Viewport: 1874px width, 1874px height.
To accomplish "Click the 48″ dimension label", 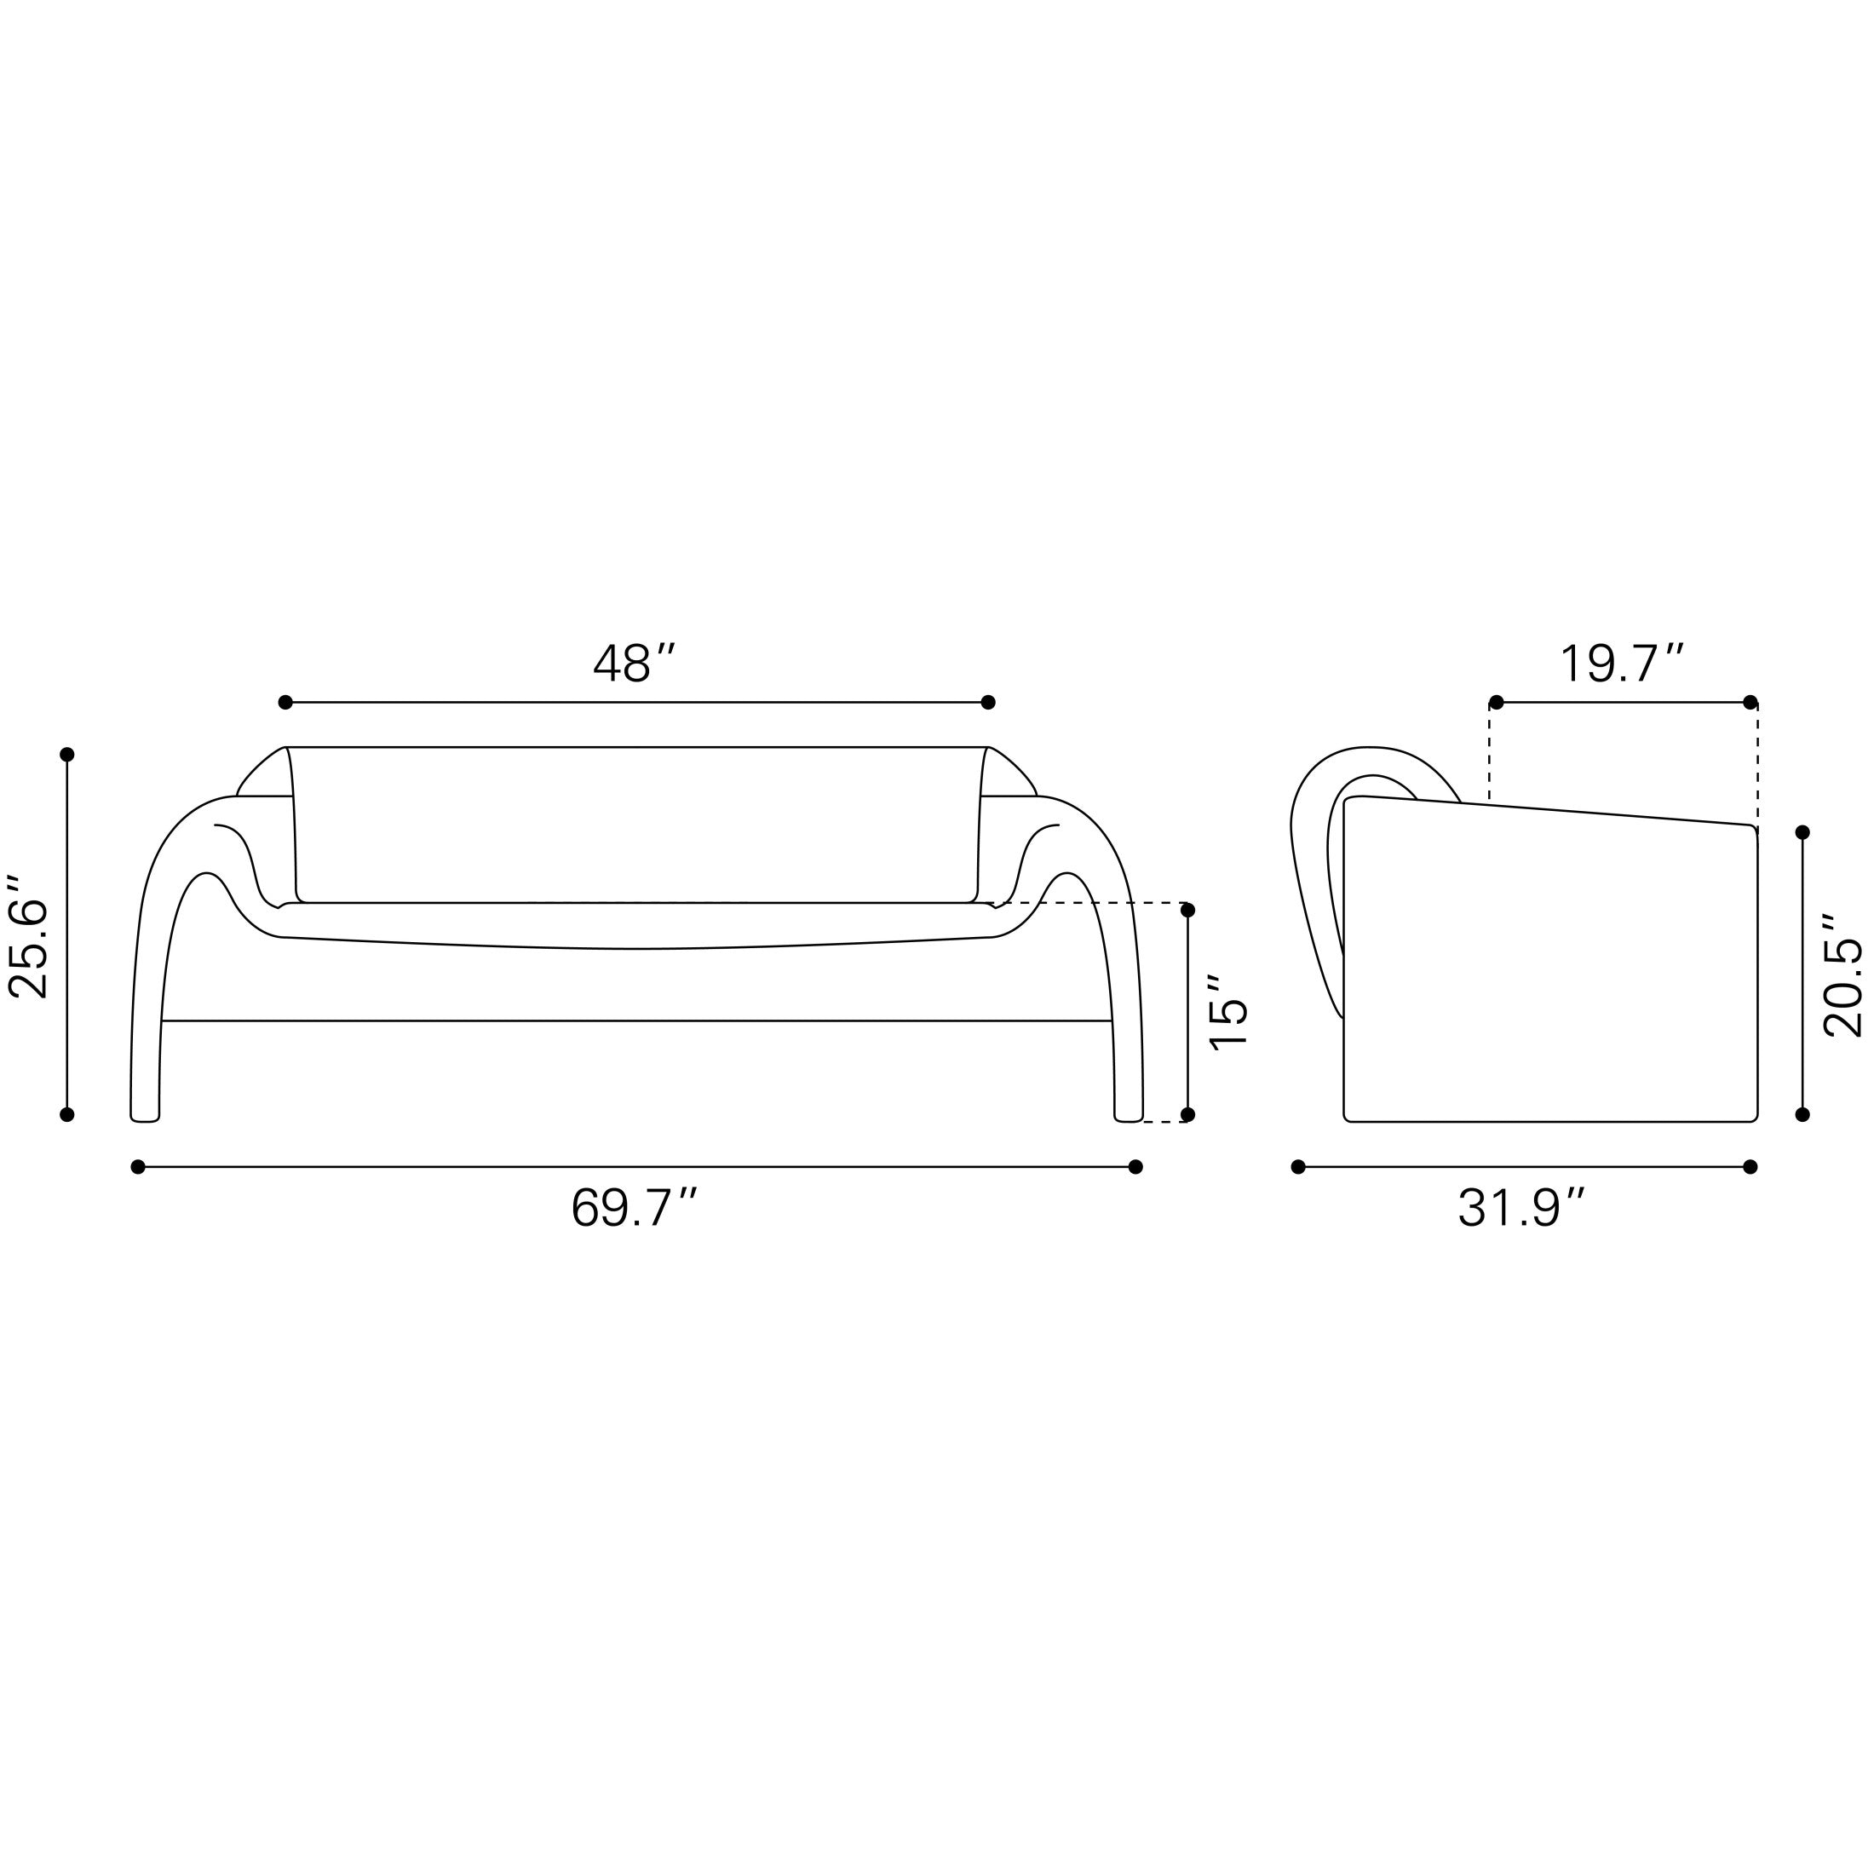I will [634, 664].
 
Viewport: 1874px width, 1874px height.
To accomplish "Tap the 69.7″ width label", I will [634, 1209].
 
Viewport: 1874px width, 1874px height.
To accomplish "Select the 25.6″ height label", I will [29, 935].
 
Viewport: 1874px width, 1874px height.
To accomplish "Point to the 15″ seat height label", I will [1229, 1011].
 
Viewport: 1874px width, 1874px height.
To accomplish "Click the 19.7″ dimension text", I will [1621, 664].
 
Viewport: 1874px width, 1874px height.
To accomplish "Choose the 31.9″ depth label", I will [1521, 1209].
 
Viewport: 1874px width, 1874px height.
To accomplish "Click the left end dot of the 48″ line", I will [285, 702].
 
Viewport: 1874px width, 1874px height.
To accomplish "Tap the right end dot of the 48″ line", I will [987, 702].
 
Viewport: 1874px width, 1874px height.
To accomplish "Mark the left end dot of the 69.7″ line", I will [138, 1167].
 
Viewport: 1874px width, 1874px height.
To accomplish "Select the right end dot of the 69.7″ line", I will [1135, 1167].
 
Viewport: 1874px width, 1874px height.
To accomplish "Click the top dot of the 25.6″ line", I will [67, 755].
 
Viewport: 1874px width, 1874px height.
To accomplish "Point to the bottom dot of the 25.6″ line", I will [67, 1114].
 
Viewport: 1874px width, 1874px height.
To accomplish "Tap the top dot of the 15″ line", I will [1187, 910].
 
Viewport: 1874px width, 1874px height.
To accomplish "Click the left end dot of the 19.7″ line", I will [1496, 702].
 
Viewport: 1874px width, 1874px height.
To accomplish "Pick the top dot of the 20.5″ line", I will [1802, 832].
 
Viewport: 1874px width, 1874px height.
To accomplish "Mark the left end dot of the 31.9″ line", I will [1298, 1167].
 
